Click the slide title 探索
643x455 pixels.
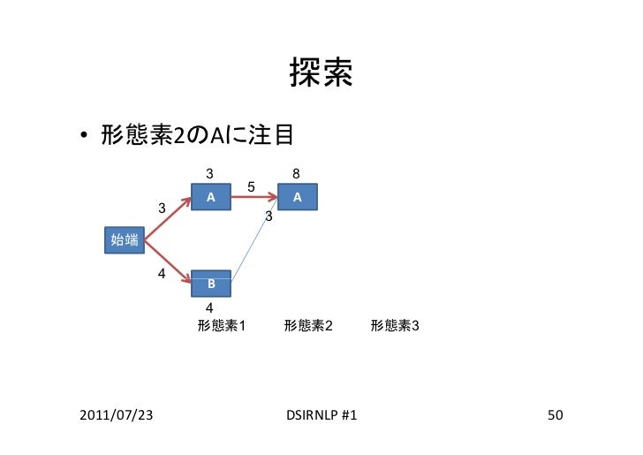coord(321,76)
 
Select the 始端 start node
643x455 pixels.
coord(124,239)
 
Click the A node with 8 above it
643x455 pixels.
coord(299,197)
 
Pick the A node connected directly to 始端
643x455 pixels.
coord(210,197)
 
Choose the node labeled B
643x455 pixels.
coord(211,284)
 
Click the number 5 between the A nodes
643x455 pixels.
coord(252,187)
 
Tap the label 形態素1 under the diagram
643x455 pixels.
coord(222,326)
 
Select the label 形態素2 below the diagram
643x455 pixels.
coord(308,326)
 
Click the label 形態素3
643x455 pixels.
coord(395,326)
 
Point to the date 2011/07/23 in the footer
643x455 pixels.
coord(115,414)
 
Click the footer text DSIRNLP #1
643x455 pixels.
coord(322,414)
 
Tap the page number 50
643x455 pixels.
coord(555,414)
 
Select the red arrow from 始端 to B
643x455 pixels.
coord(168,262)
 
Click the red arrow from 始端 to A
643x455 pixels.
coord(168,218)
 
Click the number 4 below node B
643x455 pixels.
coord(209,307)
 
